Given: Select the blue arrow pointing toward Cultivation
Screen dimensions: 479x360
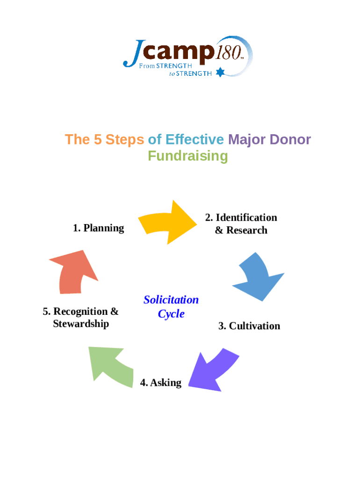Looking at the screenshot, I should (258, 277).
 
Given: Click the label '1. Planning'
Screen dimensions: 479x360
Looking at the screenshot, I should (98, 228).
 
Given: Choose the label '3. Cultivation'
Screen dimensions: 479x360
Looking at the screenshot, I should (249, 326).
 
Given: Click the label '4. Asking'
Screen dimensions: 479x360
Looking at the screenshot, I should (161, 383).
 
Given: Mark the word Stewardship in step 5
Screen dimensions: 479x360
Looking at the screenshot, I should (81, 324).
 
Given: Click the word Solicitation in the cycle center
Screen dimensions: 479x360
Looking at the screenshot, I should (171, 300).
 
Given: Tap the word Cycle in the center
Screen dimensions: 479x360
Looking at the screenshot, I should (171, 314).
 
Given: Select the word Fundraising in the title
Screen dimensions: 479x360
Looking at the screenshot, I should (187, 156).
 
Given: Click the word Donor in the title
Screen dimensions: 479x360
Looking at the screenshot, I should (290, 139).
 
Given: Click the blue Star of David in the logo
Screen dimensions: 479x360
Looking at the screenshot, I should (221, 72).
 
